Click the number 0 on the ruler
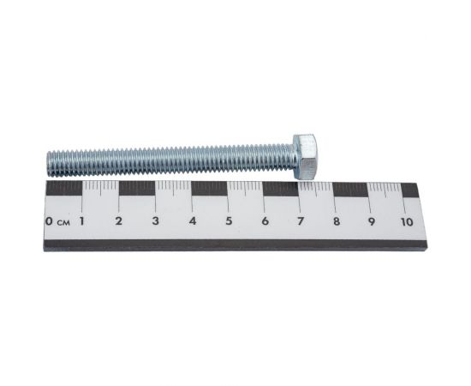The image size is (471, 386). (49, 221)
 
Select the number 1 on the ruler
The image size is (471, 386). (81, 221)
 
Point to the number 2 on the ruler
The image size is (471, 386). (119, 221)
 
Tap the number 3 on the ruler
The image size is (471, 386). (155, 221)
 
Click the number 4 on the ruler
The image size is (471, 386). (193, 221)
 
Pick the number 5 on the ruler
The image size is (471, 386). (229, 221)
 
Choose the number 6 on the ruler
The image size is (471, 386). (265, 221)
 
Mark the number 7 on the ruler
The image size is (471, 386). (301, 221)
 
